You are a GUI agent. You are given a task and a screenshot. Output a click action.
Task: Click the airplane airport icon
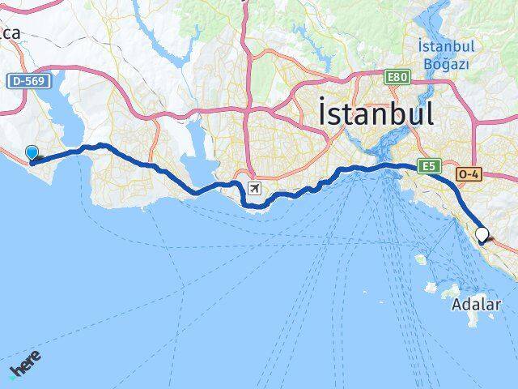click(x=255, y=189)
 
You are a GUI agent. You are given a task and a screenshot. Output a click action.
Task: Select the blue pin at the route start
click(x=32, y=152)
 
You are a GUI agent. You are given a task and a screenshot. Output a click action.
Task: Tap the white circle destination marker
click(x=482, y=234)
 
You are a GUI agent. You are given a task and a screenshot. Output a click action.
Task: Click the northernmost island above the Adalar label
click(x=420, y=260)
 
